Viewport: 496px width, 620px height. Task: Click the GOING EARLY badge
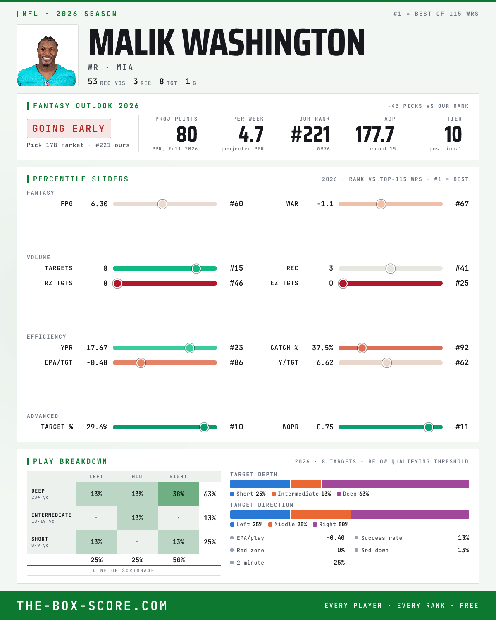69,129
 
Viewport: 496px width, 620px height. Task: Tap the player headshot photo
48,55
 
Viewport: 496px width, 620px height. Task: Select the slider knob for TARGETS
196,269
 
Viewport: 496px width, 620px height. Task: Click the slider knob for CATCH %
362,348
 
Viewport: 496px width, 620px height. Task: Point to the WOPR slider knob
429,427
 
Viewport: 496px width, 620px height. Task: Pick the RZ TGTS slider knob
117,284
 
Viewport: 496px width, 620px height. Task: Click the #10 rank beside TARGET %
236,427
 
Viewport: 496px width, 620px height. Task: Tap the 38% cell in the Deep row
179,494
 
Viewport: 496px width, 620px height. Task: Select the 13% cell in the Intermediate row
137,518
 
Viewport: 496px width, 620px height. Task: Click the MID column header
137,477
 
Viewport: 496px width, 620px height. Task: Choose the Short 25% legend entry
248,494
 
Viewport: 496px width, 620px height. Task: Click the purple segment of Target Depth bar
395,484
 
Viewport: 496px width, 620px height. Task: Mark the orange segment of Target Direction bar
321,515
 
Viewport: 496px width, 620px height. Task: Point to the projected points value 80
187,135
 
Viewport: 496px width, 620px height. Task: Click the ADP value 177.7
374,135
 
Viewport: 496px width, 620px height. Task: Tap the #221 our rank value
310,135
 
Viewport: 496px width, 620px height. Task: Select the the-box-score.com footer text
92,606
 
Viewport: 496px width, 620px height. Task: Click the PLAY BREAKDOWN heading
70,461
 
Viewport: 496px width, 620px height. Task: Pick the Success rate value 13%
463,538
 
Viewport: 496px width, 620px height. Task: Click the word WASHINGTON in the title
274,42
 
